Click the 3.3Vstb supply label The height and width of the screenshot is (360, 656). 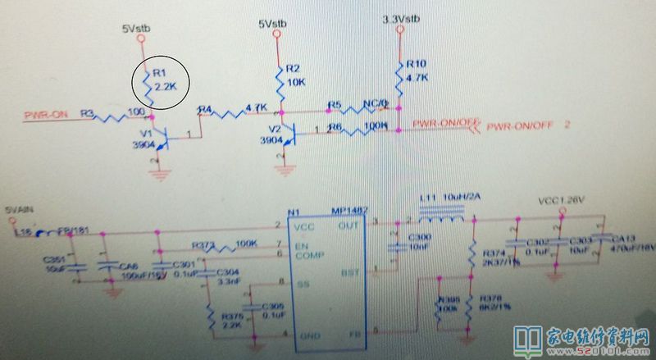click(401, 19)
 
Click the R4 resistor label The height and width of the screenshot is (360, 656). click(205, 109)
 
